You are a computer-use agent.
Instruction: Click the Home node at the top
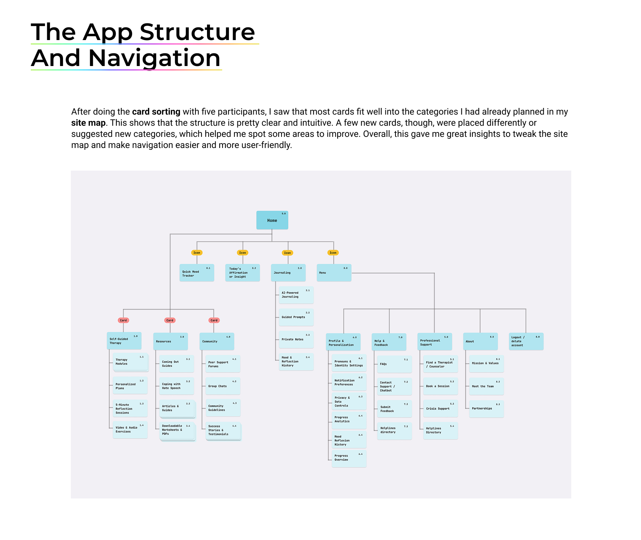272,220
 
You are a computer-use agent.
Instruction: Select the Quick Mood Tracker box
197,273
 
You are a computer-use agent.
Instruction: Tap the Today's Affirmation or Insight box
242,273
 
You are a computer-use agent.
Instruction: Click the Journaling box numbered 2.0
288,273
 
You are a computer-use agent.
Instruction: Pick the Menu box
333,273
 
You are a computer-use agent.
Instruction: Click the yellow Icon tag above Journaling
287,253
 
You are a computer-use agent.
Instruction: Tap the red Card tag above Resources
170,320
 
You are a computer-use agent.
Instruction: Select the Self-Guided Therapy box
124,341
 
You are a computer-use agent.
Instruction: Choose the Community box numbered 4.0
217,342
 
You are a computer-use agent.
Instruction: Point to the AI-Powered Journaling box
296,295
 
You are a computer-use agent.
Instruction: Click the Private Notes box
296,339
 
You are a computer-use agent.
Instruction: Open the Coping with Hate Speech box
177,386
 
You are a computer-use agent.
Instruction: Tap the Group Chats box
223,386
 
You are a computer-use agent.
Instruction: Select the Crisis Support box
440,408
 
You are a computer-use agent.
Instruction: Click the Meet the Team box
486,386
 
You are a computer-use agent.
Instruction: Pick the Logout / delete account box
526,342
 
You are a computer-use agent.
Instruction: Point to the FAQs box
394,364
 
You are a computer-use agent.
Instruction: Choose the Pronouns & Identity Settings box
349,363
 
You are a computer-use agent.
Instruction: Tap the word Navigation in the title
154,58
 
